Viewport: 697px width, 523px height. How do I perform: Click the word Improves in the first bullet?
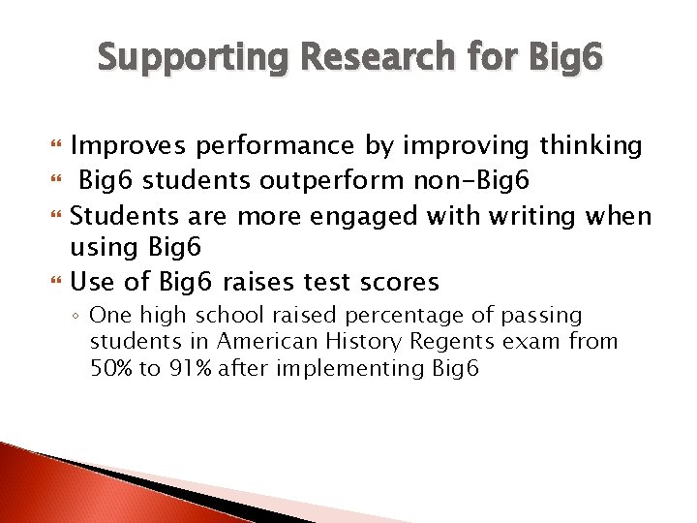[129, 145]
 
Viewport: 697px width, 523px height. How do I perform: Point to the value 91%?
[191, 369]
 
